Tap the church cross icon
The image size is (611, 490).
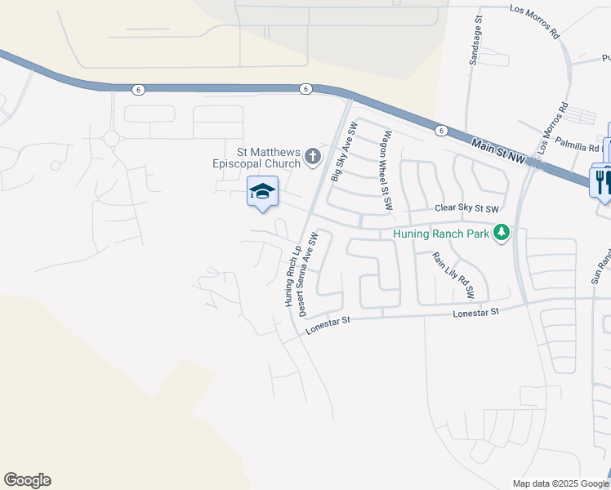click(313, 155)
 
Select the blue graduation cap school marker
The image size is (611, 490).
click(262, 193)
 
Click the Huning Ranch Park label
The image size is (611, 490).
click(441, 234)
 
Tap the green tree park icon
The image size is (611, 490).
click(502, 234)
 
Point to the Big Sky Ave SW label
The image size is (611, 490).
click(344, 153)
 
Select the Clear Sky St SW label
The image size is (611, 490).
click(466, 209)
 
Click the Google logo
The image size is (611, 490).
click(27, 480)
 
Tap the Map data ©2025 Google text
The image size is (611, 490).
click(560, 483)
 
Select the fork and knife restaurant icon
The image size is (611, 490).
click(603, 180)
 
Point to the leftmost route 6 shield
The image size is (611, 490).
click(135, 88)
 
